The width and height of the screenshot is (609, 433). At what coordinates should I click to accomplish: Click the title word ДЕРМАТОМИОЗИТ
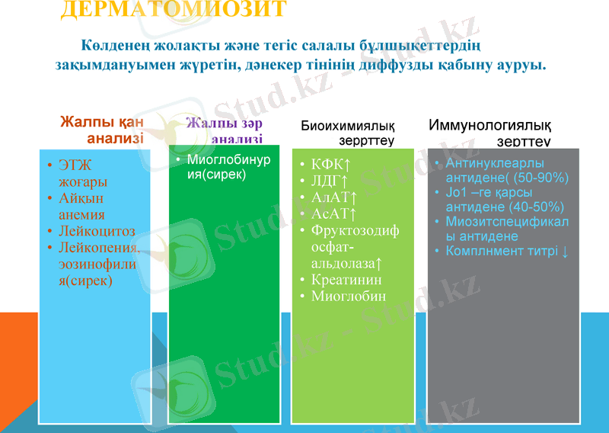point(173,9)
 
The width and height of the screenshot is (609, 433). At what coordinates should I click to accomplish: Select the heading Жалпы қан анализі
point(102,130)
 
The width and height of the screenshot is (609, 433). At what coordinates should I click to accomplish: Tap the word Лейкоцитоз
point(97,231)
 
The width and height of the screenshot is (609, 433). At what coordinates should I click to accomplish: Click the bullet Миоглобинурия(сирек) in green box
point(218,167)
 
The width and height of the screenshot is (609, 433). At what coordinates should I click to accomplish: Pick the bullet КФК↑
point(330,165)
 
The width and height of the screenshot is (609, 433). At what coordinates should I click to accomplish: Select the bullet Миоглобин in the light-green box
point(348,296)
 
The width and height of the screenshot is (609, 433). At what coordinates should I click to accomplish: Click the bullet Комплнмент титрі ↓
point(506,251)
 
